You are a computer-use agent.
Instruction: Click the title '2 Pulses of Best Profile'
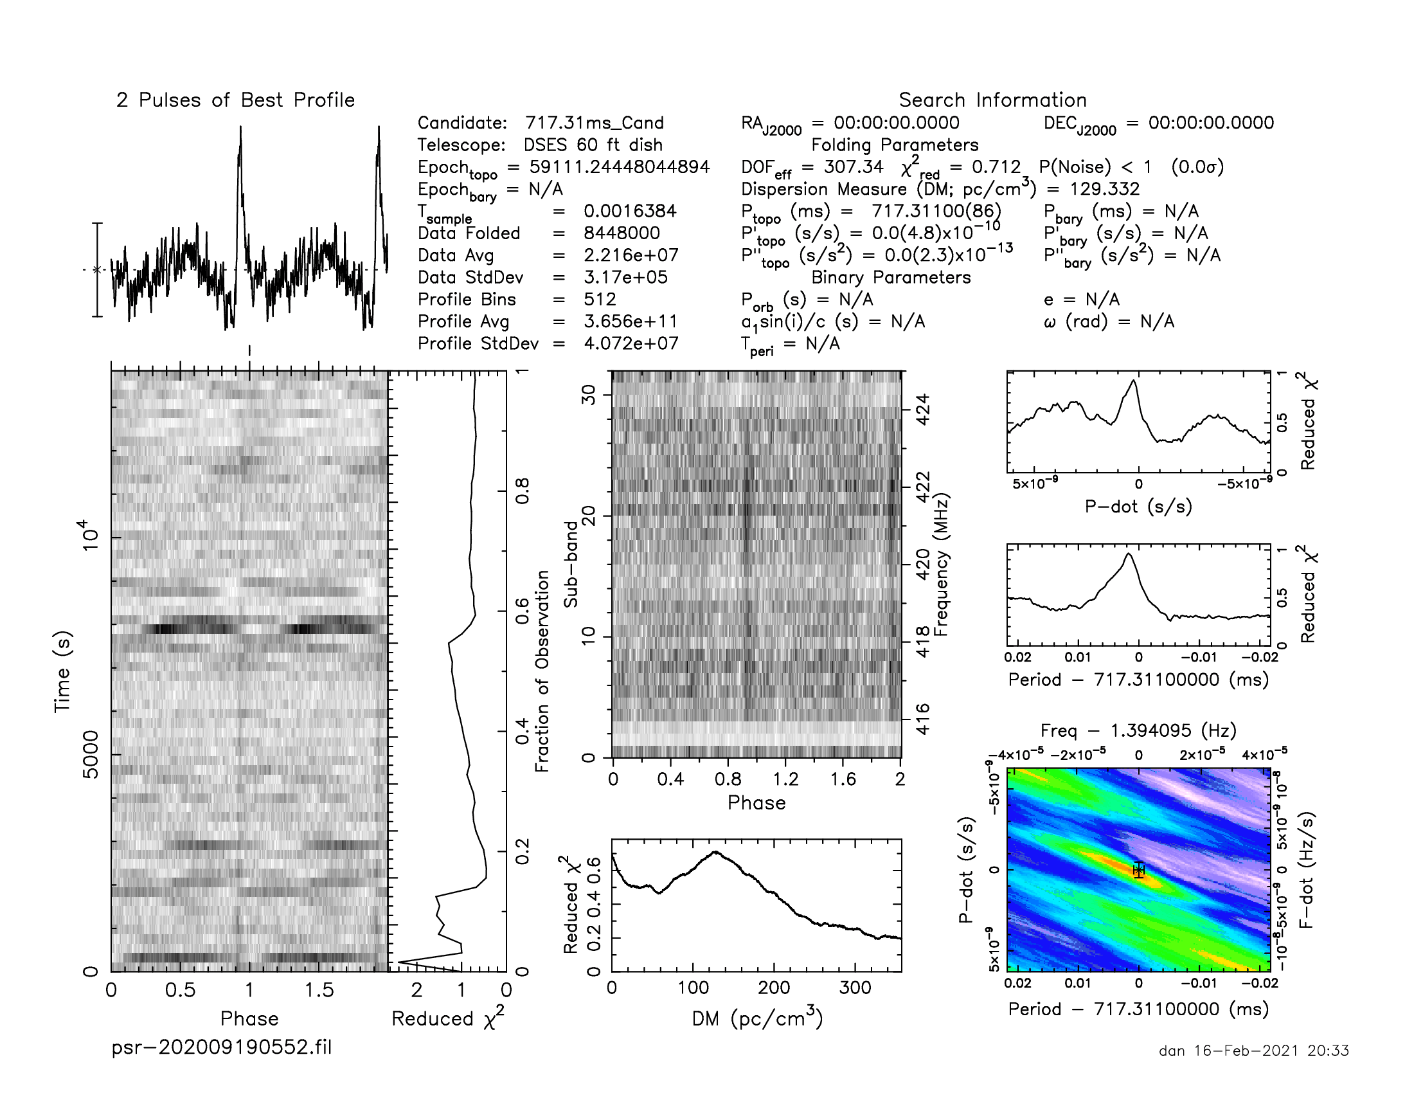236,100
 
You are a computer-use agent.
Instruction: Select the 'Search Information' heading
992,100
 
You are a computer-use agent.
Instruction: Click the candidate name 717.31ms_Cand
595,123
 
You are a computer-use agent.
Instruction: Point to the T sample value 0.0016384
629,211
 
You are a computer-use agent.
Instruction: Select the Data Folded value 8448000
622,233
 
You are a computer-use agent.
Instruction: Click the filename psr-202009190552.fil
222,1047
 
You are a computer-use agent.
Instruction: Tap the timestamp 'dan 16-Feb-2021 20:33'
1253,1051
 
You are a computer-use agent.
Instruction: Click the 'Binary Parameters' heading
891,277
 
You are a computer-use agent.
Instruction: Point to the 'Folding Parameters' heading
895,145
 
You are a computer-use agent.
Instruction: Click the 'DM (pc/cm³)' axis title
757,1018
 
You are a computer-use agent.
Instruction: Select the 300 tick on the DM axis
855,988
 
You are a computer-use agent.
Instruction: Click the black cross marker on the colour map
1139,871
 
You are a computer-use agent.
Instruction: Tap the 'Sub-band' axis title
570,564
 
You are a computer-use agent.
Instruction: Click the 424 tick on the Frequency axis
923,409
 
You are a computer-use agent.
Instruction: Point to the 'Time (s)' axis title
62,671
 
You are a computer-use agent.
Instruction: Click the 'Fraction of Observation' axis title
542,671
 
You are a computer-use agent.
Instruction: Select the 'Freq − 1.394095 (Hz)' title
1138,730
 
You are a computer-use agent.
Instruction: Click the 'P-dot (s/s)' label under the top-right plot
1138,507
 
